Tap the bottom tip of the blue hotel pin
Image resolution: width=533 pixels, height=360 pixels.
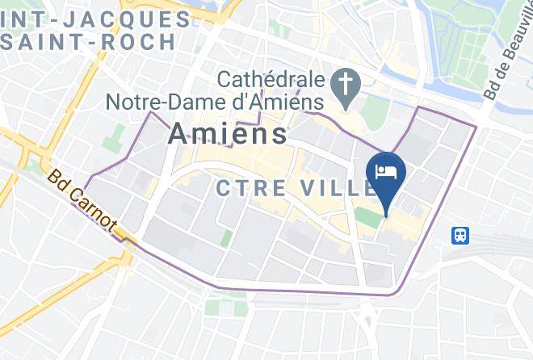386,215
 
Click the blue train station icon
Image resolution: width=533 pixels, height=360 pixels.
460,235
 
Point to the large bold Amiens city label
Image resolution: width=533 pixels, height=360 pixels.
228,133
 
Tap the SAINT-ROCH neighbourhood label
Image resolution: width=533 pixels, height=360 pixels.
88,41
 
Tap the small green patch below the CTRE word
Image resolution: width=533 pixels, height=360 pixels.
227,238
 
